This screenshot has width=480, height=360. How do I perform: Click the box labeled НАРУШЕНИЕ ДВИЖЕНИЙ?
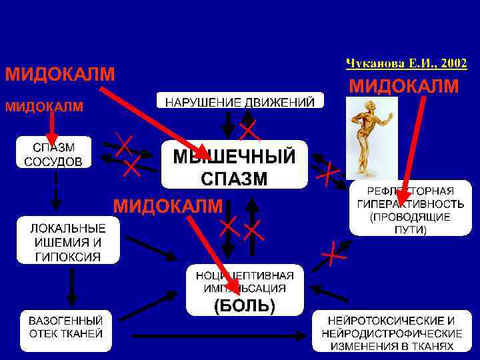tap(240, 101)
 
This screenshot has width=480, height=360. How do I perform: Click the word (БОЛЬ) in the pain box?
tap(244, 305)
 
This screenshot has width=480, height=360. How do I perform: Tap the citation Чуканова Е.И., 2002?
tap(406, 63)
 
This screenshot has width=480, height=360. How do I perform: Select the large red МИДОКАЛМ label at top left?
tap(61, 73)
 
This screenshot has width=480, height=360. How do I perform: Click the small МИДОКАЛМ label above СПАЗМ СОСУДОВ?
tap(45, 106)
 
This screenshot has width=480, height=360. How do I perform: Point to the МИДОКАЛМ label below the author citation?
tap(404, 87)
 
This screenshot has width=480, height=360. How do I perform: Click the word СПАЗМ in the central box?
tap(234, 178)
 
